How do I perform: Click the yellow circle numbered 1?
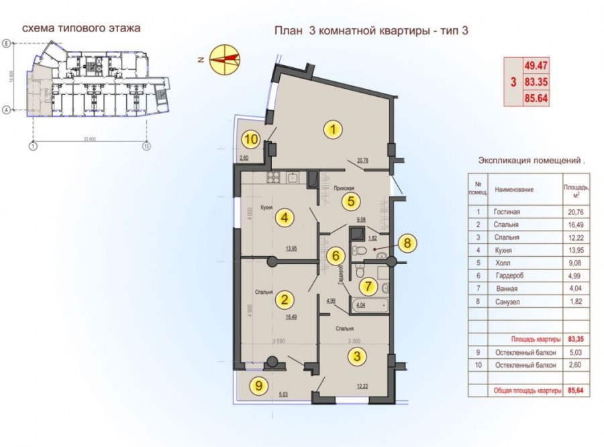pyautogui.click(x=332, y=129)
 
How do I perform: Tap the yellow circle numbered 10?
pyautogui.click(x=251, y=140)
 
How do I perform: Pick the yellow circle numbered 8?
pyautogui.click(x=407, y=243)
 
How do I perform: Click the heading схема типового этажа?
pyautogui.click(x=81, y=29)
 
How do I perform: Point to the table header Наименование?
pyautogui.click(x=514, y=190)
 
